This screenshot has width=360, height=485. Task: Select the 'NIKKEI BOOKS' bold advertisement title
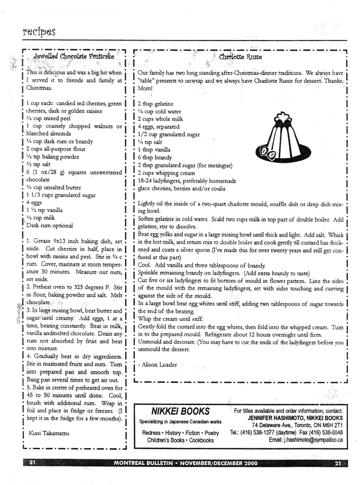(180, 411)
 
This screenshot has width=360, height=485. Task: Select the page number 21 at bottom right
(338, 463)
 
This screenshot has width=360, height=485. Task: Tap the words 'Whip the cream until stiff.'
(171, 318)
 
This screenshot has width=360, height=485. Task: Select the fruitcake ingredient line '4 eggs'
(35, 202)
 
